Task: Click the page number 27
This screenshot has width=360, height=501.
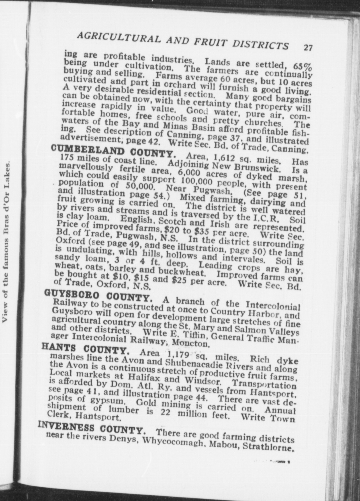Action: tap(308, 47)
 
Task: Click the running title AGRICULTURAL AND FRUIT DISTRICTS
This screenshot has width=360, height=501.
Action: tap(183, 40)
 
